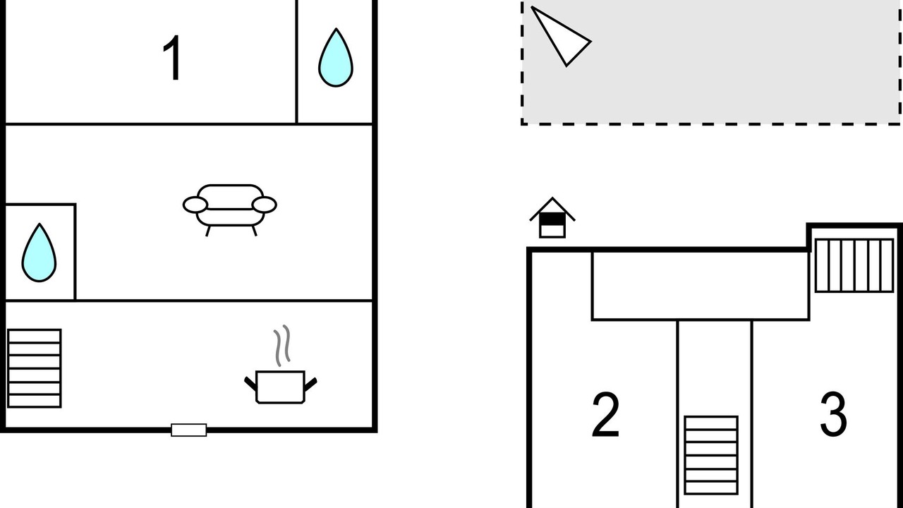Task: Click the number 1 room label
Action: (x=173, y=58)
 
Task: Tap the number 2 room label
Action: (x=605, y=414)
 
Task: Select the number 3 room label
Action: (x=834, y=414)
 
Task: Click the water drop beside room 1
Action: (x=336, y=58)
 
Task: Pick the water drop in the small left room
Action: (x=39, y=253)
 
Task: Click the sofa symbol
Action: (x=230, y=210)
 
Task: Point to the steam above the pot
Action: (x=282, y=346)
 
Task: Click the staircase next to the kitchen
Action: (x=35, y=368)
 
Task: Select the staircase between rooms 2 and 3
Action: (x=711, y=455)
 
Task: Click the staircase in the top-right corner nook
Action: (x=854, y=265)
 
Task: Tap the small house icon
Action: (x=552, y=218)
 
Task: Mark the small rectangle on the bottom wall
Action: (x=188, y=430)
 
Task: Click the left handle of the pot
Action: (x=250, y=383)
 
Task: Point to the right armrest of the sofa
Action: (x=265, y=205)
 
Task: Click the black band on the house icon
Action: (x=552, y=219)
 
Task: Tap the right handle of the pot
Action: (x=311, y=385)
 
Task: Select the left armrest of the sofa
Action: (x=195, y=205)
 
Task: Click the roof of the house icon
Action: (x=552, y=207)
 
